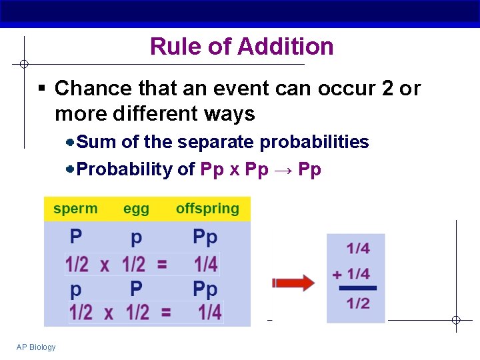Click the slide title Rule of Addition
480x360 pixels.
(241, 47)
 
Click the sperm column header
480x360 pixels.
(75, 209)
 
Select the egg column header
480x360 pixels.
(136, 209)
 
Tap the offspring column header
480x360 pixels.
(207, 209)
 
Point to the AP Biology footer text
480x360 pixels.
(36, 347)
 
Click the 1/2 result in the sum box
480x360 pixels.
(358, 304)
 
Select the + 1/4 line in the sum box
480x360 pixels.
(351, 274)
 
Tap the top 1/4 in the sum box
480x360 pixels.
(358, 249)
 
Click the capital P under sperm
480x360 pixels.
(77, 237)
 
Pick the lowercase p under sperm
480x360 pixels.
(77, 290)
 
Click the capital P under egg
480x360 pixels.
(136, 289)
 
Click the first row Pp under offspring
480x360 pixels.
(205, 237)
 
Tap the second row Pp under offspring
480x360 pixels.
(205, 289)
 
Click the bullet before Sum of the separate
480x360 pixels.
(70, 142)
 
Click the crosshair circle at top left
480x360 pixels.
(23, 64)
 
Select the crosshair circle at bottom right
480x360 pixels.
(456, 320)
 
